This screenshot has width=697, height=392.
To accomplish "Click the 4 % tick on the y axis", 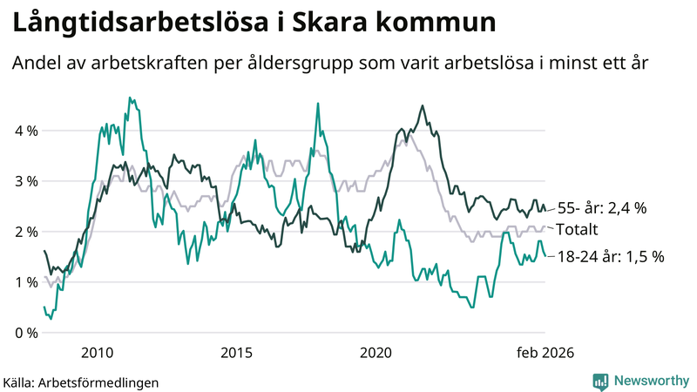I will tap(24, 131).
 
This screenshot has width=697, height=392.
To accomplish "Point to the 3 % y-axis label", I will tap(24, 181).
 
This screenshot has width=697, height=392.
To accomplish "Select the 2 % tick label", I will tap(24, 232).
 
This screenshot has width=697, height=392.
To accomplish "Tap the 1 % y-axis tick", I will tap(24, 282).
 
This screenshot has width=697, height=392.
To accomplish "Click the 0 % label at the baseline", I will tap(24, 333).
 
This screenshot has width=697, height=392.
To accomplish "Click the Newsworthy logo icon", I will tap(600, 381).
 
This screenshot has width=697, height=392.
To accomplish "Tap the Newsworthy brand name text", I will tap(650, 381).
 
